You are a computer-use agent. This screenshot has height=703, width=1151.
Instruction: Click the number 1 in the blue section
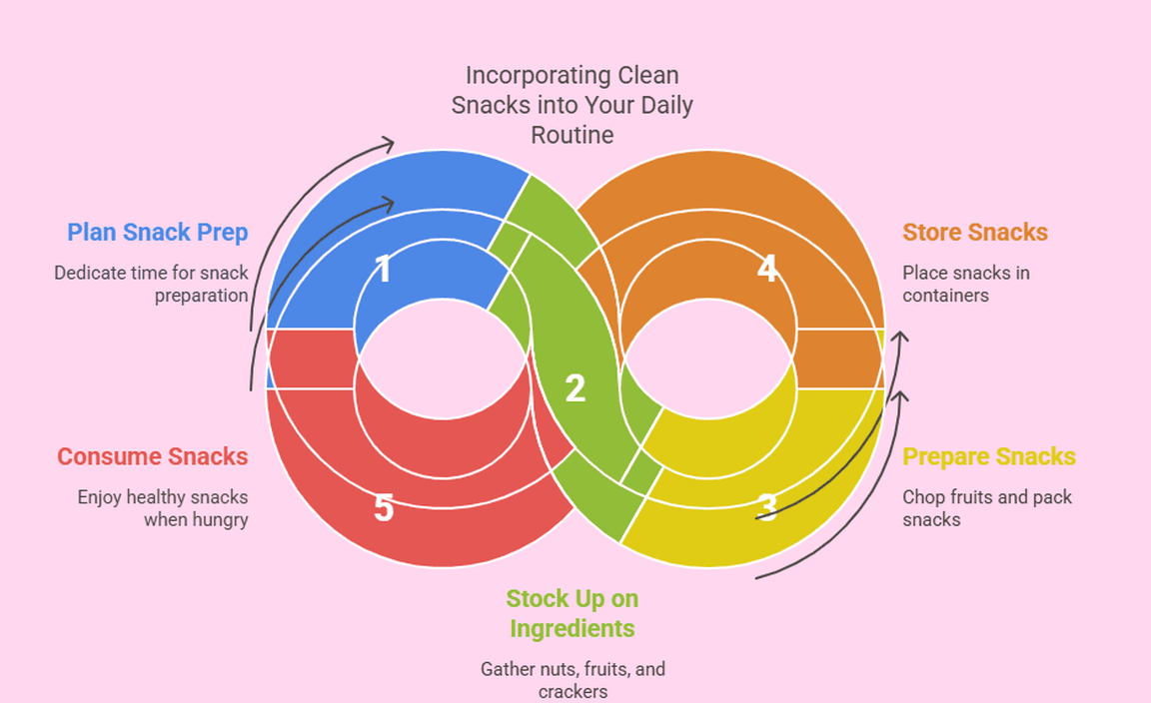[382, 270]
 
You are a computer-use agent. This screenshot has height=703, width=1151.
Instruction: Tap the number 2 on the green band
[575, 388]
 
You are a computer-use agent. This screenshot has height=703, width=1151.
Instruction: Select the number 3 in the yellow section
[767, 507]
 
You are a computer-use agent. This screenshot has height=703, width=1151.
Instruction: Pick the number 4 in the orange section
[767, 269]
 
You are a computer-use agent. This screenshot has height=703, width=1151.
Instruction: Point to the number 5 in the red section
[384, 508]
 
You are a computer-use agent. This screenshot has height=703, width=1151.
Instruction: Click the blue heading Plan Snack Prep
[158, 233]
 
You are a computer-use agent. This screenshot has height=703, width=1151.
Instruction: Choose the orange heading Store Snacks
[975, 233]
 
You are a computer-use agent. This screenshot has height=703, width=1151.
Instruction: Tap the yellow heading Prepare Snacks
[989, 457]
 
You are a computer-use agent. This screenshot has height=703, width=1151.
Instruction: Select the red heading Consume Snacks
[152, 456]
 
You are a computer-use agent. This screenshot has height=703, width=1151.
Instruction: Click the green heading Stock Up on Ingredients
[572, 613]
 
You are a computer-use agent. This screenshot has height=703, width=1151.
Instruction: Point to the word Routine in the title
[573, 134]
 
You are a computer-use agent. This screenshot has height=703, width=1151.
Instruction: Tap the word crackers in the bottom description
[573, 691]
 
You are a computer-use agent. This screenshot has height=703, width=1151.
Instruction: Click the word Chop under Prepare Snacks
[922, 496]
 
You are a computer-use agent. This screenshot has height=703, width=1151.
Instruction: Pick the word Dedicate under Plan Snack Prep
[91, 273]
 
